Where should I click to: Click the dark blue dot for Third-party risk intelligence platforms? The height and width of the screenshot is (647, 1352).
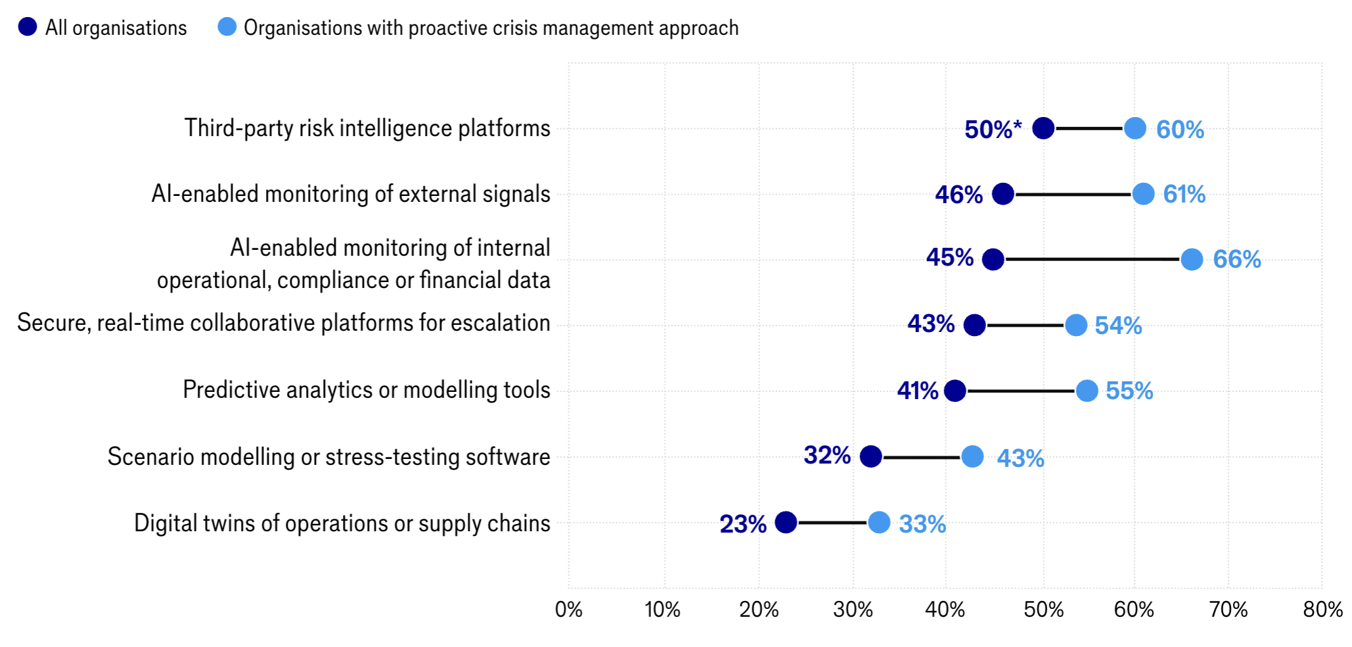(1043, 128)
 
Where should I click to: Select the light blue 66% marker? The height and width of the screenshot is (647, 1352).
(1192, 259)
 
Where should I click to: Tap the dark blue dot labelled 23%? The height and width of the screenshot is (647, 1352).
(786, 523)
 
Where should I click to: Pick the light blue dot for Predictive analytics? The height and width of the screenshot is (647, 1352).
(1087, 391)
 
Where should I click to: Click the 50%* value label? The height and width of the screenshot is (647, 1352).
(993, 130)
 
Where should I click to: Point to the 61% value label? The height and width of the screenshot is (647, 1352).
(1184, 194)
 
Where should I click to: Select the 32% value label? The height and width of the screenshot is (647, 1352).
(827, 455)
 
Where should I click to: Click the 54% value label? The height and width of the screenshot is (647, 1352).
(1118, 325)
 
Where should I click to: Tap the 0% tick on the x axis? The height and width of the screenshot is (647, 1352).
(568, 610)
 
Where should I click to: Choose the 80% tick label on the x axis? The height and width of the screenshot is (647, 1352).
(1322, 610)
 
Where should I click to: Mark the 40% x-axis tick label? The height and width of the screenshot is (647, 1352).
(945, 610)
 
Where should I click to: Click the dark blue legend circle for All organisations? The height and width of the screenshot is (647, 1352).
(28, 27)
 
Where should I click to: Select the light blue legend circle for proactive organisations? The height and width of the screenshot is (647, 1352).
(227, 27)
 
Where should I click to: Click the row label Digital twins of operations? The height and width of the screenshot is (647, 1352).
(342, 523)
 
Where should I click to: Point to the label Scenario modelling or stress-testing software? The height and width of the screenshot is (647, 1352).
(329, 457)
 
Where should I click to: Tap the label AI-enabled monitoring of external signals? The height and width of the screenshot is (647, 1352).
(351, 194)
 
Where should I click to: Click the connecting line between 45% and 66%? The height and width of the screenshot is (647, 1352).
(1093, 259)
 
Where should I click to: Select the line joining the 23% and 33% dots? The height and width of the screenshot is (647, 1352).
(832, 523)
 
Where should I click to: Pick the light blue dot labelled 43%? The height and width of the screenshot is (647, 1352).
(972, 456)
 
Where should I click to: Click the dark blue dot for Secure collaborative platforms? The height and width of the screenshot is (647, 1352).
(974, 325)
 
